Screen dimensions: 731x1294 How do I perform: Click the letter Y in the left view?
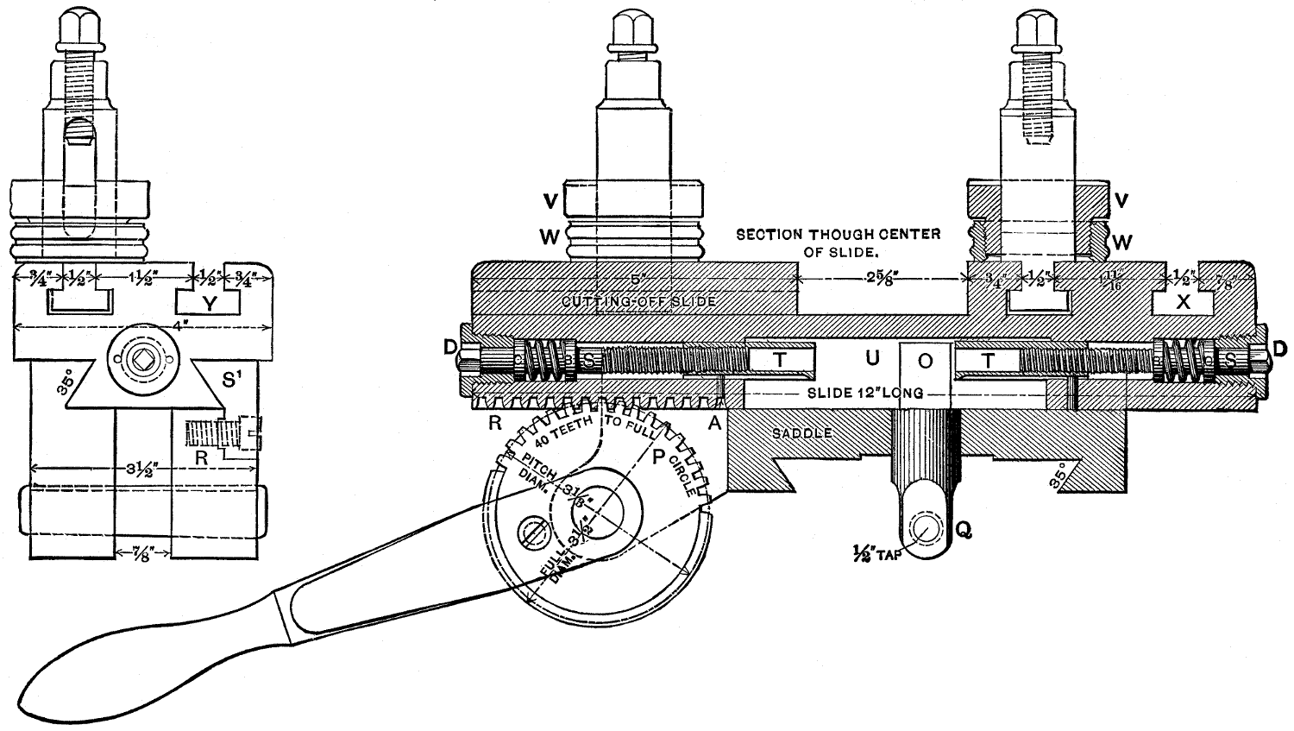pos(210,302)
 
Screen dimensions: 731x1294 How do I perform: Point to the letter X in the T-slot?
pos(1184,302)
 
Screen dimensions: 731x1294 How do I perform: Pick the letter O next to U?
pos(925,362)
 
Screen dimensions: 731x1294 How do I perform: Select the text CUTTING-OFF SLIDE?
pos(639,301)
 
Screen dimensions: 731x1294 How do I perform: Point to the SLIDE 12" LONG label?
pos(865,394)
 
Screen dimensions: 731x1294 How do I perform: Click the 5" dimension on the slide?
pos(637,279)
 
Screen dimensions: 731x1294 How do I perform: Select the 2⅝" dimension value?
pos(879,279)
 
